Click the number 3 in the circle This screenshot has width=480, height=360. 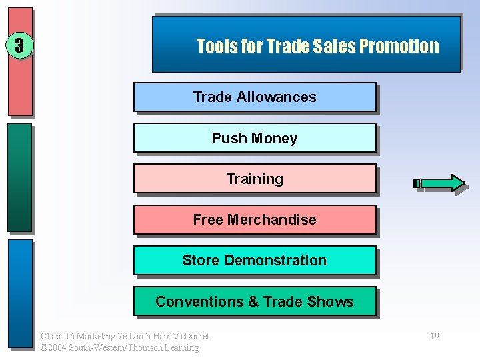[x=20, y=45]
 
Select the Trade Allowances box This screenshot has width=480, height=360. [x=255, y=97]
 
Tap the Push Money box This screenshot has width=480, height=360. [x=255, y=138]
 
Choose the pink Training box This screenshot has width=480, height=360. [x=255, y=179]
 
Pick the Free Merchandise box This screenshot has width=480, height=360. [x=255, y=219]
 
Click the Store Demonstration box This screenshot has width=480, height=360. [x=255, y=260]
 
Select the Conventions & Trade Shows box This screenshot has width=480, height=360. [x=255, y=301]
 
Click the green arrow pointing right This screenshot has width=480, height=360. [x=440, y=183]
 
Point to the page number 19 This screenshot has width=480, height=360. [x=434, y=336]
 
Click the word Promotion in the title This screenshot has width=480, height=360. [x=399, y=47]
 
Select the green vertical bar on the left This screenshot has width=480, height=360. [x=20, y=177]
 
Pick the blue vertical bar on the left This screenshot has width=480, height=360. [x=20, y=293]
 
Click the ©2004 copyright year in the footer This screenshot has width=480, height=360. [x=52, y=347]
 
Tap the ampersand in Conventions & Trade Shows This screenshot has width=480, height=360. [x=253, y=301]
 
